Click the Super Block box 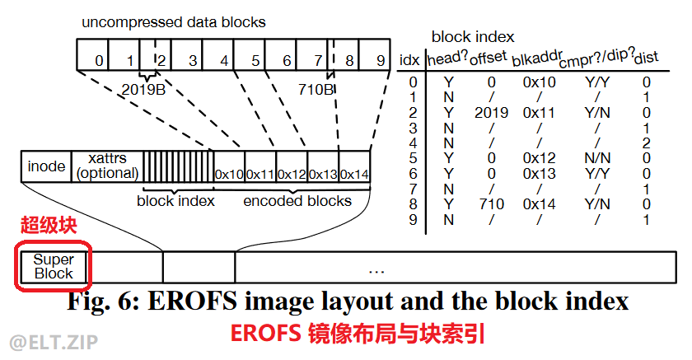[54, 265]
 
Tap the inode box [46, 166]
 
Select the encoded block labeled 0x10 [228, 174]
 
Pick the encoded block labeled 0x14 [354, 174]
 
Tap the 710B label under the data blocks [316, 88]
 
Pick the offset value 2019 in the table [492, 112]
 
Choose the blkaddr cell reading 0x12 [540, 157]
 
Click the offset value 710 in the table [492, 203]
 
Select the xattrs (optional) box [106, 165]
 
